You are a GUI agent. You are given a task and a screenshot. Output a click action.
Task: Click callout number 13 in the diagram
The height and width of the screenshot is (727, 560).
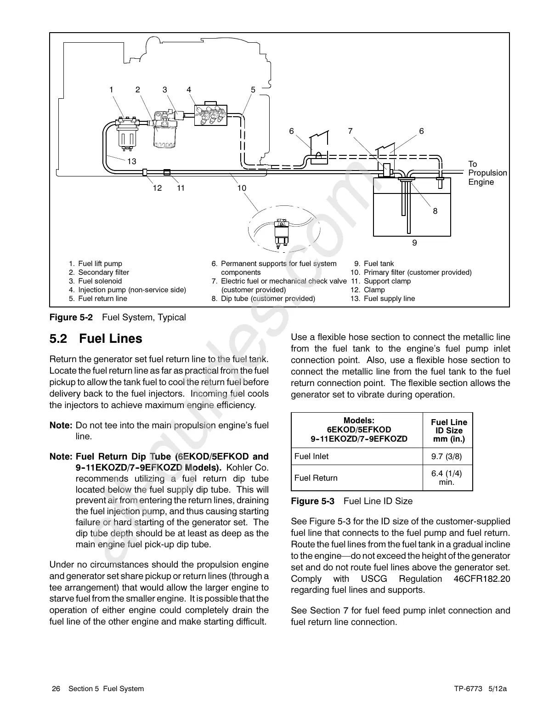pos(132,161)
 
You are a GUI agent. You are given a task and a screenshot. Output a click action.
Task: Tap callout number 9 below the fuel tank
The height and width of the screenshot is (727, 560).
pos(415,242)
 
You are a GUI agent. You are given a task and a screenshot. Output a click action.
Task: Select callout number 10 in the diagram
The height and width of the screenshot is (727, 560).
pos(242,188)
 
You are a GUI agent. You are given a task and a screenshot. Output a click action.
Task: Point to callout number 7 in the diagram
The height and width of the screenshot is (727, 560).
pos(351,131)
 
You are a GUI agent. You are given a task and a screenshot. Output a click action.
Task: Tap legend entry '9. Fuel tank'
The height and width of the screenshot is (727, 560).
pos(374,264)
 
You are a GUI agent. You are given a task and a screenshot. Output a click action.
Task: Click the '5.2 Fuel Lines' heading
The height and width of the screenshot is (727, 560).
pos(96,339)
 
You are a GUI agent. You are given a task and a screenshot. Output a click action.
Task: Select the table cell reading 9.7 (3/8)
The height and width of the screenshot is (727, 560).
pos(446,456)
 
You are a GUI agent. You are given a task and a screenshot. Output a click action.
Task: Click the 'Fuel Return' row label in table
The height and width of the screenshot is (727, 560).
pos(316,478)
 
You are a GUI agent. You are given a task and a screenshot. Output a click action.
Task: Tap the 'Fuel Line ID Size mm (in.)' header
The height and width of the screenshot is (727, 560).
pos(448,431)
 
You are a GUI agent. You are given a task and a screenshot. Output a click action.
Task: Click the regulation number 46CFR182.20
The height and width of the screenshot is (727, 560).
pos(481,579)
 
